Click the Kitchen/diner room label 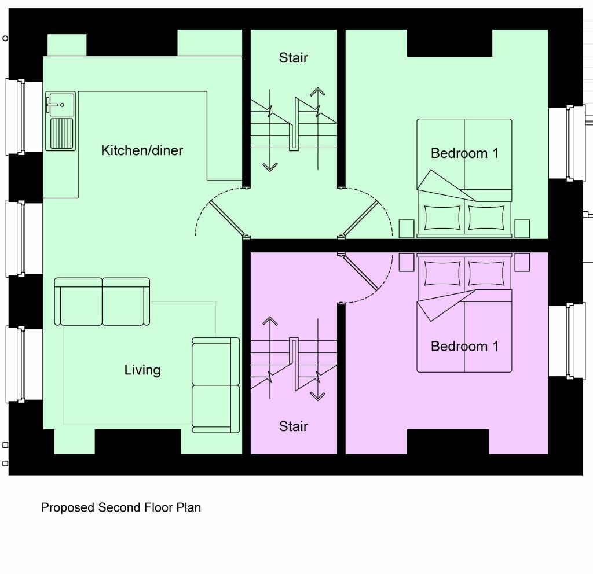[x=142, y=150]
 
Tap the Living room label [x=142, y=370]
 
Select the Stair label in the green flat [x=293, y=58]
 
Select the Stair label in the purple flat [x=293, y=426]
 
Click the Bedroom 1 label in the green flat [x=464, y=153]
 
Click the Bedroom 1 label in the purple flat [x=464, y=347]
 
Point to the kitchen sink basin [x=60, y=104]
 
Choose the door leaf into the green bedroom [x=361, y=218]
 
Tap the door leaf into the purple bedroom [x=361, y=273]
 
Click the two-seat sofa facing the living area [x=103, y=301]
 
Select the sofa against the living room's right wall [x=216, y=385]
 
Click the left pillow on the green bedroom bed [x=442, y=218]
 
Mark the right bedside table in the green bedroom [x=522, y=228]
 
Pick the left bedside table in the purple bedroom [x=407, y=262]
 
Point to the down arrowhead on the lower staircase [x=317, y=396]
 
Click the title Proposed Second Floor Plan [x=121, y=507]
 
